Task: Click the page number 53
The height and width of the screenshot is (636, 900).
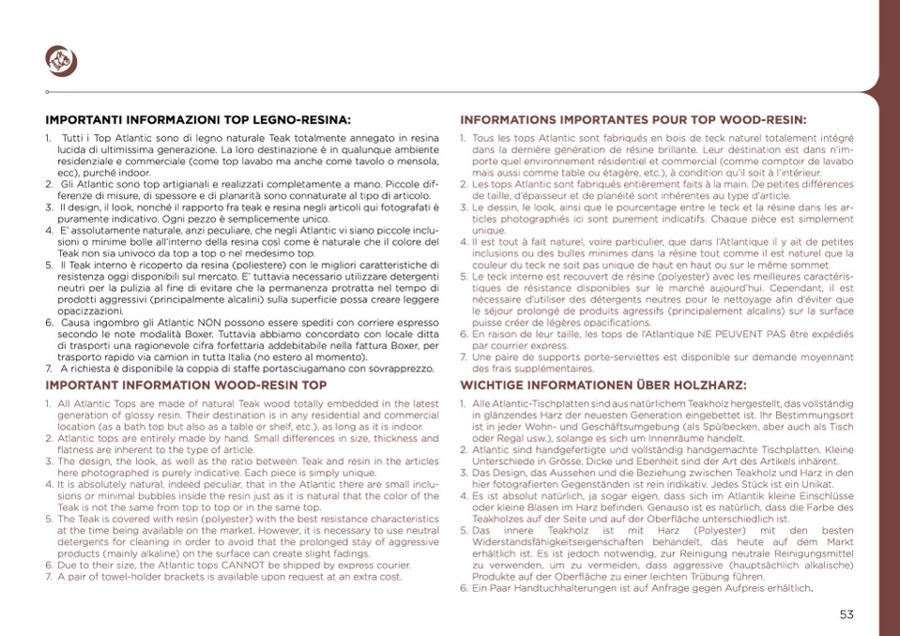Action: pyautogui.click(x=847, y=614)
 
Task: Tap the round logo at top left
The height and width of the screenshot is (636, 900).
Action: pyautogui.click(x=61, y=61)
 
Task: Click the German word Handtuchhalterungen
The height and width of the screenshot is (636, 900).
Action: pyautogui.click(x=557, y=588)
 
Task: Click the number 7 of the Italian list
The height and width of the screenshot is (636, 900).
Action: pyautogui.click(x=49, y=369)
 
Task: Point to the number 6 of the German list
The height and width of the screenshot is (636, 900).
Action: pyautogui.click(x=464, y=588)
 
